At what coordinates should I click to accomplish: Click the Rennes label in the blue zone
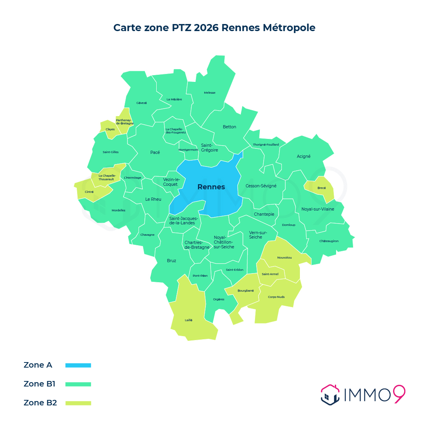tap(211, 187)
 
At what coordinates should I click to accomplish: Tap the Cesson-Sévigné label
tap(261, 186)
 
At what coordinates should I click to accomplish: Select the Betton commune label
tap(229, 127)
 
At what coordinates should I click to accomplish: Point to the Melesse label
tap(210, 93)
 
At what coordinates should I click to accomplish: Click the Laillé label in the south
tap(189, 320)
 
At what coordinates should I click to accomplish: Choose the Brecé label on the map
tap(322, 188)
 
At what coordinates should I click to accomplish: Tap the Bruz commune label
tap(172, 261)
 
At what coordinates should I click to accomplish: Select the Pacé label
tap(155, 152)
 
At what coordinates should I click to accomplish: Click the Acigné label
tap(303, 156)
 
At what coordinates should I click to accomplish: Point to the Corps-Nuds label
tap(276, 297)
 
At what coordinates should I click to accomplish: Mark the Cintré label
tap(89, 192)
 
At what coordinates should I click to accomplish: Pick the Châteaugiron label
tap(329, 241)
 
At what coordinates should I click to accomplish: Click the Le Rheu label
tap(153, 199)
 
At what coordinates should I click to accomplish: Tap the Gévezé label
tap(142, 103)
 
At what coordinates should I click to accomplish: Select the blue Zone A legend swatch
tap(78, 365)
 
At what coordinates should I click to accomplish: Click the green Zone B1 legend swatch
tap(78, 384)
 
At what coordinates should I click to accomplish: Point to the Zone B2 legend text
tap(40, 403)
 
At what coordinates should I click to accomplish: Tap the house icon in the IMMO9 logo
tap(330, 395)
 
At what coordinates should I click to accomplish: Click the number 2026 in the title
tap(206, 28)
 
